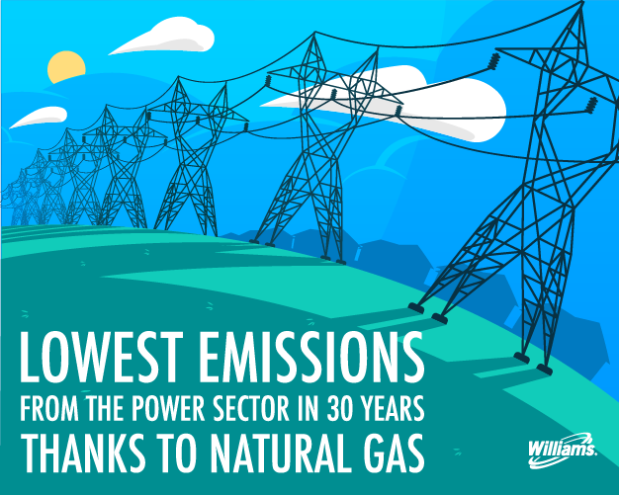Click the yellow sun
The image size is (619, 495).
(66, 66)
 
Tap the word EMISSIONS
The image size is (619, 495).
(311, 358)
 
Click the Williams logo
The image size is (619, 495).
(563, 449)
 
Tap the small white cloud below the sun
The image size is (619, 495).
(39, 117)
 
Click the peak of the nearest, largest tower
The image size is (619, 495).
(581, 3)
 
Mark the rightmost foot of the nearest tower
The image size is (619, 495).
(544, 370)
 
